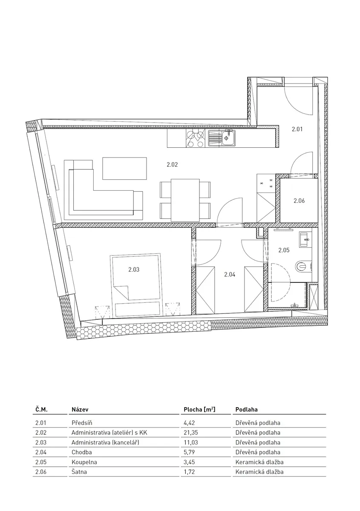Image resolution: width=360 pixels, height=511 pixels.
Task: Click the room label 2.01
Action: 297,129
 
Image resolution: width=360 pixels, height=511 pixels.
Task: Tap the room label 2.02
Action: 172,164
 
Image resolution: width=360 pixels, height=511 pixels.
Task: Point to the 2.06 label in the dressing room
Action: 299,201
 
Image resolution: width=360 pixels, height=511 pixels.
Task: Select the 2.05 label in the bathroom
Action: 284,250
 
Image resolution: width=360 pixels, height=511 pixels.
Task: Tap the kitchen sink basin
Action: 228,138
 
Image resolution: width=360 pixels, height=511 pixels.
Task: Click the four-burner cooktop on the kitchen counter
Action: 195,138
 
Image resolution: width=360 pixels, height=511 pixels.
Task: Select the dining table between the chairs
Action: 185,200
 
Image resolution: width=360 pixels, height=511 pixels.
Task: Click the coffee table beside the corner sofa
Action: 124,168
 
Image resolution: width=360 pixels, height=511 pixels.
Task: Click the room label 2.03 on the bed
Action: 134,270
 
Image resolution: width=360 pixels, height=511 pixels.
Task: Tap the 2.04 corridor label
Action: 230,274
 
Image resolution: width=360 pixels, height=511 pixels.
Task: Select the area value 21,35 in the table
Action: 190,433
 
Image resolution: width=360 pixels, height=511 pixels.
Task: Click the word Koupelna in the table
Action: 84,462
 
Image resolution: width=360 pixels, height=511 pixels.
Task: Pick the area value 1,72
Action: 189,472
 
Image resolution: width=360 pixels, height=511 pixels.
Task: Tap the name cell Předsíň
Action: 82,423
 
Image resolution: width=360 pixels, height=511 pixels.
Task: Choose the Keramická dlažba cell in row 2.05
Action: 259,462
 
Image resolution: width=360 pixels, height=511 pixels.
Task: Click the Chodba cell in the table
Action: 81,452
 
